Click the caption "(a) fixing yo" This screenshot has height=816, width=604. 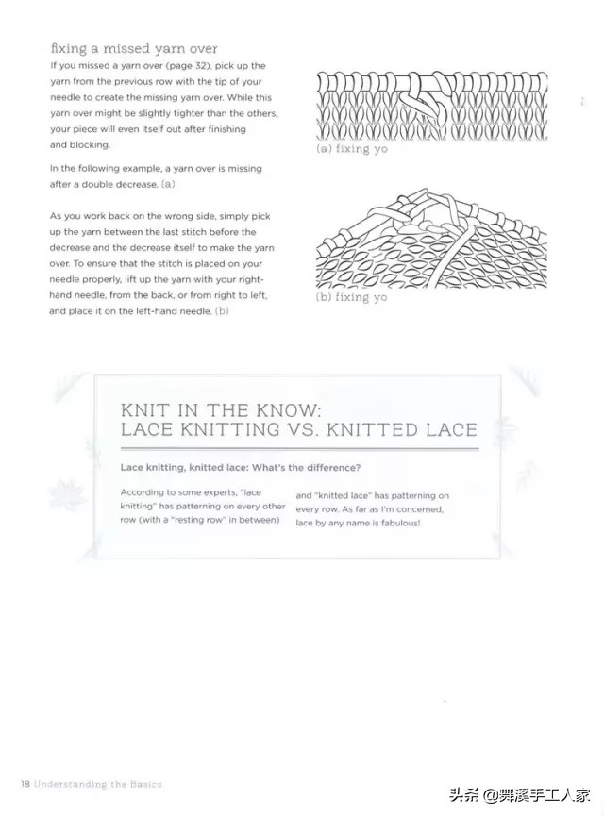pos(351,149)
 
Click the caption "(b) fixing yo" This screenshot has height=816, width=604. pos(351,297)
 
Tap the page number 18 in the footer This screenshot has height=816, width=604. pos(25,784)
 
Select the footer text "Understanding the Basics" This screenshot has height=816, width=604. pos(98,784)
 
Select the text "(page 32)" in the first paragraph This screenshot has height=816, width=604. pos(193,65)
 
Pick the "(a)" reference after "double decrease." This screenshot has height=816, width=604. pos(169,183)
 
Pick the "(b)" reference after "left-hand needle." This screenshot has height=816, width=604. pos(222,310)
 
